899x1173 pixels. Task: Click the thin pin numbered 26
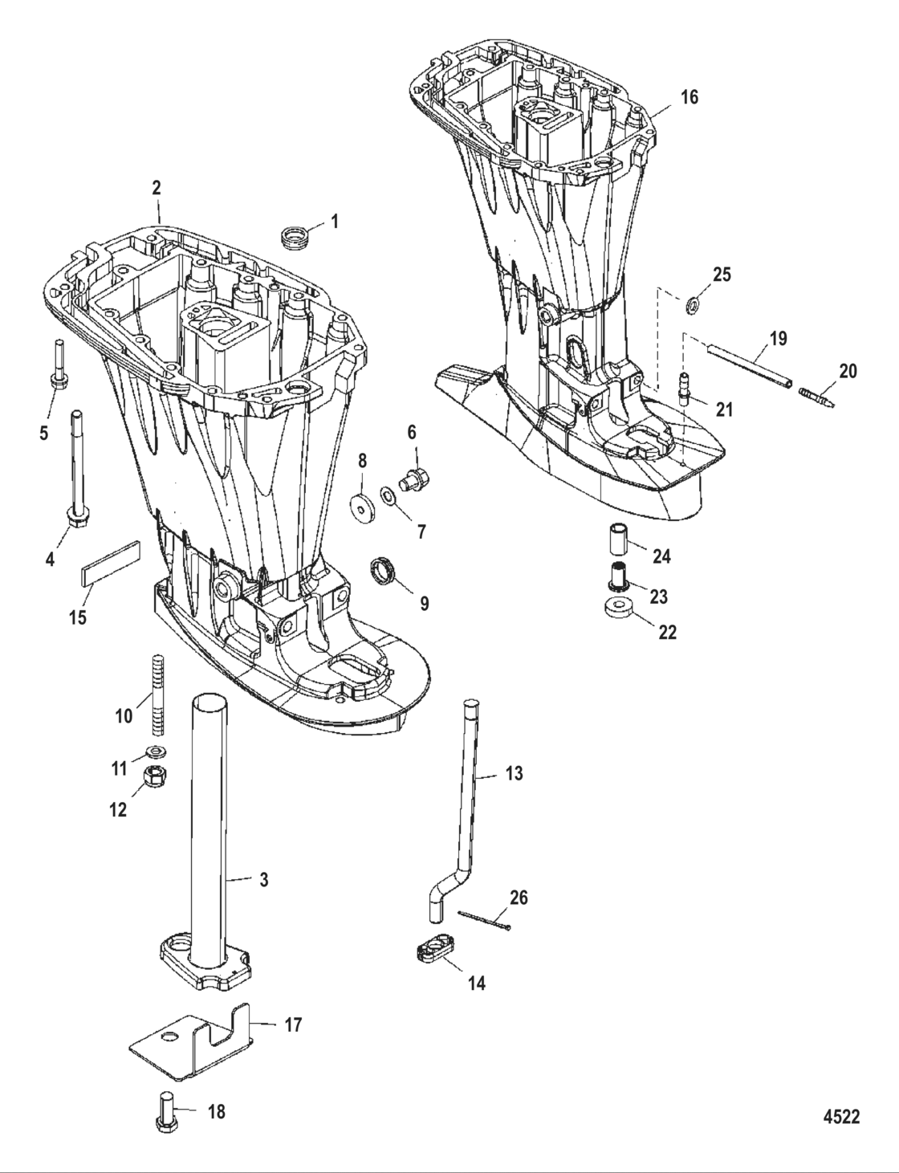pyautogui.click(x=484, y=920)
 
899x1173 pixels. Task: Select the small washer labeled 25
pyautogui.click(x=690, y=305)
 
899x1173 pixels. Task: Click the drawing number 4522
pyautogui.click(x=840, y=1118)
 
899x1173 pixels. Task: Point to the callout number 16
pyautogui.click(x=690, y=97)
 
